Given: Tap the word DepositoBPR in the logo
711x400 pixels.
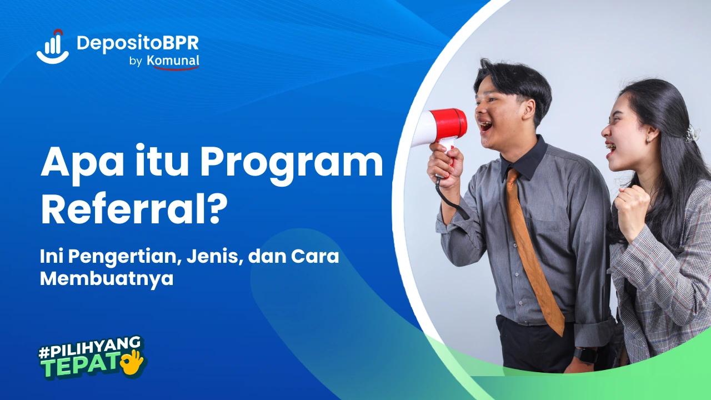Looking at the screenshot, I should click(138, 43).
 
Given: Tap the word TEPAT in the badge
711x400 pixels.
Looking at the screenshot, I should click(81, 367).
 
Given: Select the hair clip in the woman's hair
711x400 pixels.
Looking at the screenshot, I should click(692, 133).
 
